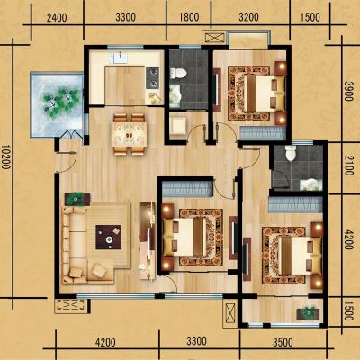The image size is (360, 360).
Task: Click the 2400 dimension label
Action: pyautogui.click(x=57, y=17)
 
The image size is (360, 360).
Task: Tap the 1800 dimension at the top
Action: pyautogui.click(x=189, y=17)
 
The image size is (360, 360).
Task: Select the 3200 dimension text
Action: pyautogui.click(x=248, y=17)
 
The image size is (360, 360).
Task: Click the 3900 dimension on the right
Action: pyautogui.click(x=348, y=91)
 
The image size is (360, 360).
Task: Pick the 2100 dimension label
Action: pyautogui.click(x=348, y=166)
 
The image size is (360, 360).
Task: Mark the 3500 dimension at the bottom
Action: pyautogui.click(x=283, y=342)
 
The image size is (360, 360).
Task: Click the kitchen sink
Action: pyautogui.click(x=120, y=58)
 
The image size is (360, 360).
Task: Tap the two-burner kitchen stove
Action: pyautogui.click(x=152, y=77)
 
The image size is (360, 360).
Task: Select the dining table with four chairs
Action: pyautogui.click(x=129, y=134)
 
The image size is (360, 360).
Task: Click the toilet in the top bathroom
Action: pyautogui.click(x=178, y=74)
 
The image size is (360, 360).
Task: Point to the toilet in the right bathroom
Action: pyautogui.click(x=291, y=154)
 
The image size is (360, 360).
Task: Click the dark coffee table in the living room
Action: pyautogui.click(x=109, y=237)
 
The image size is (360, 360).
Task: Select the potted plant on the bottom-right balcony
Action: pyautogui.click(x=309, y=312)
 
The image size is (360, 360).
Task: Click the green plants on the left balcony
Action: pyautogui.click(x=61, y=102)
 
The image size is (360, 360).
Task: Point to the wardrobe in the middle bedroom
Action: pyautogui.click(x=187, y=189)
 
